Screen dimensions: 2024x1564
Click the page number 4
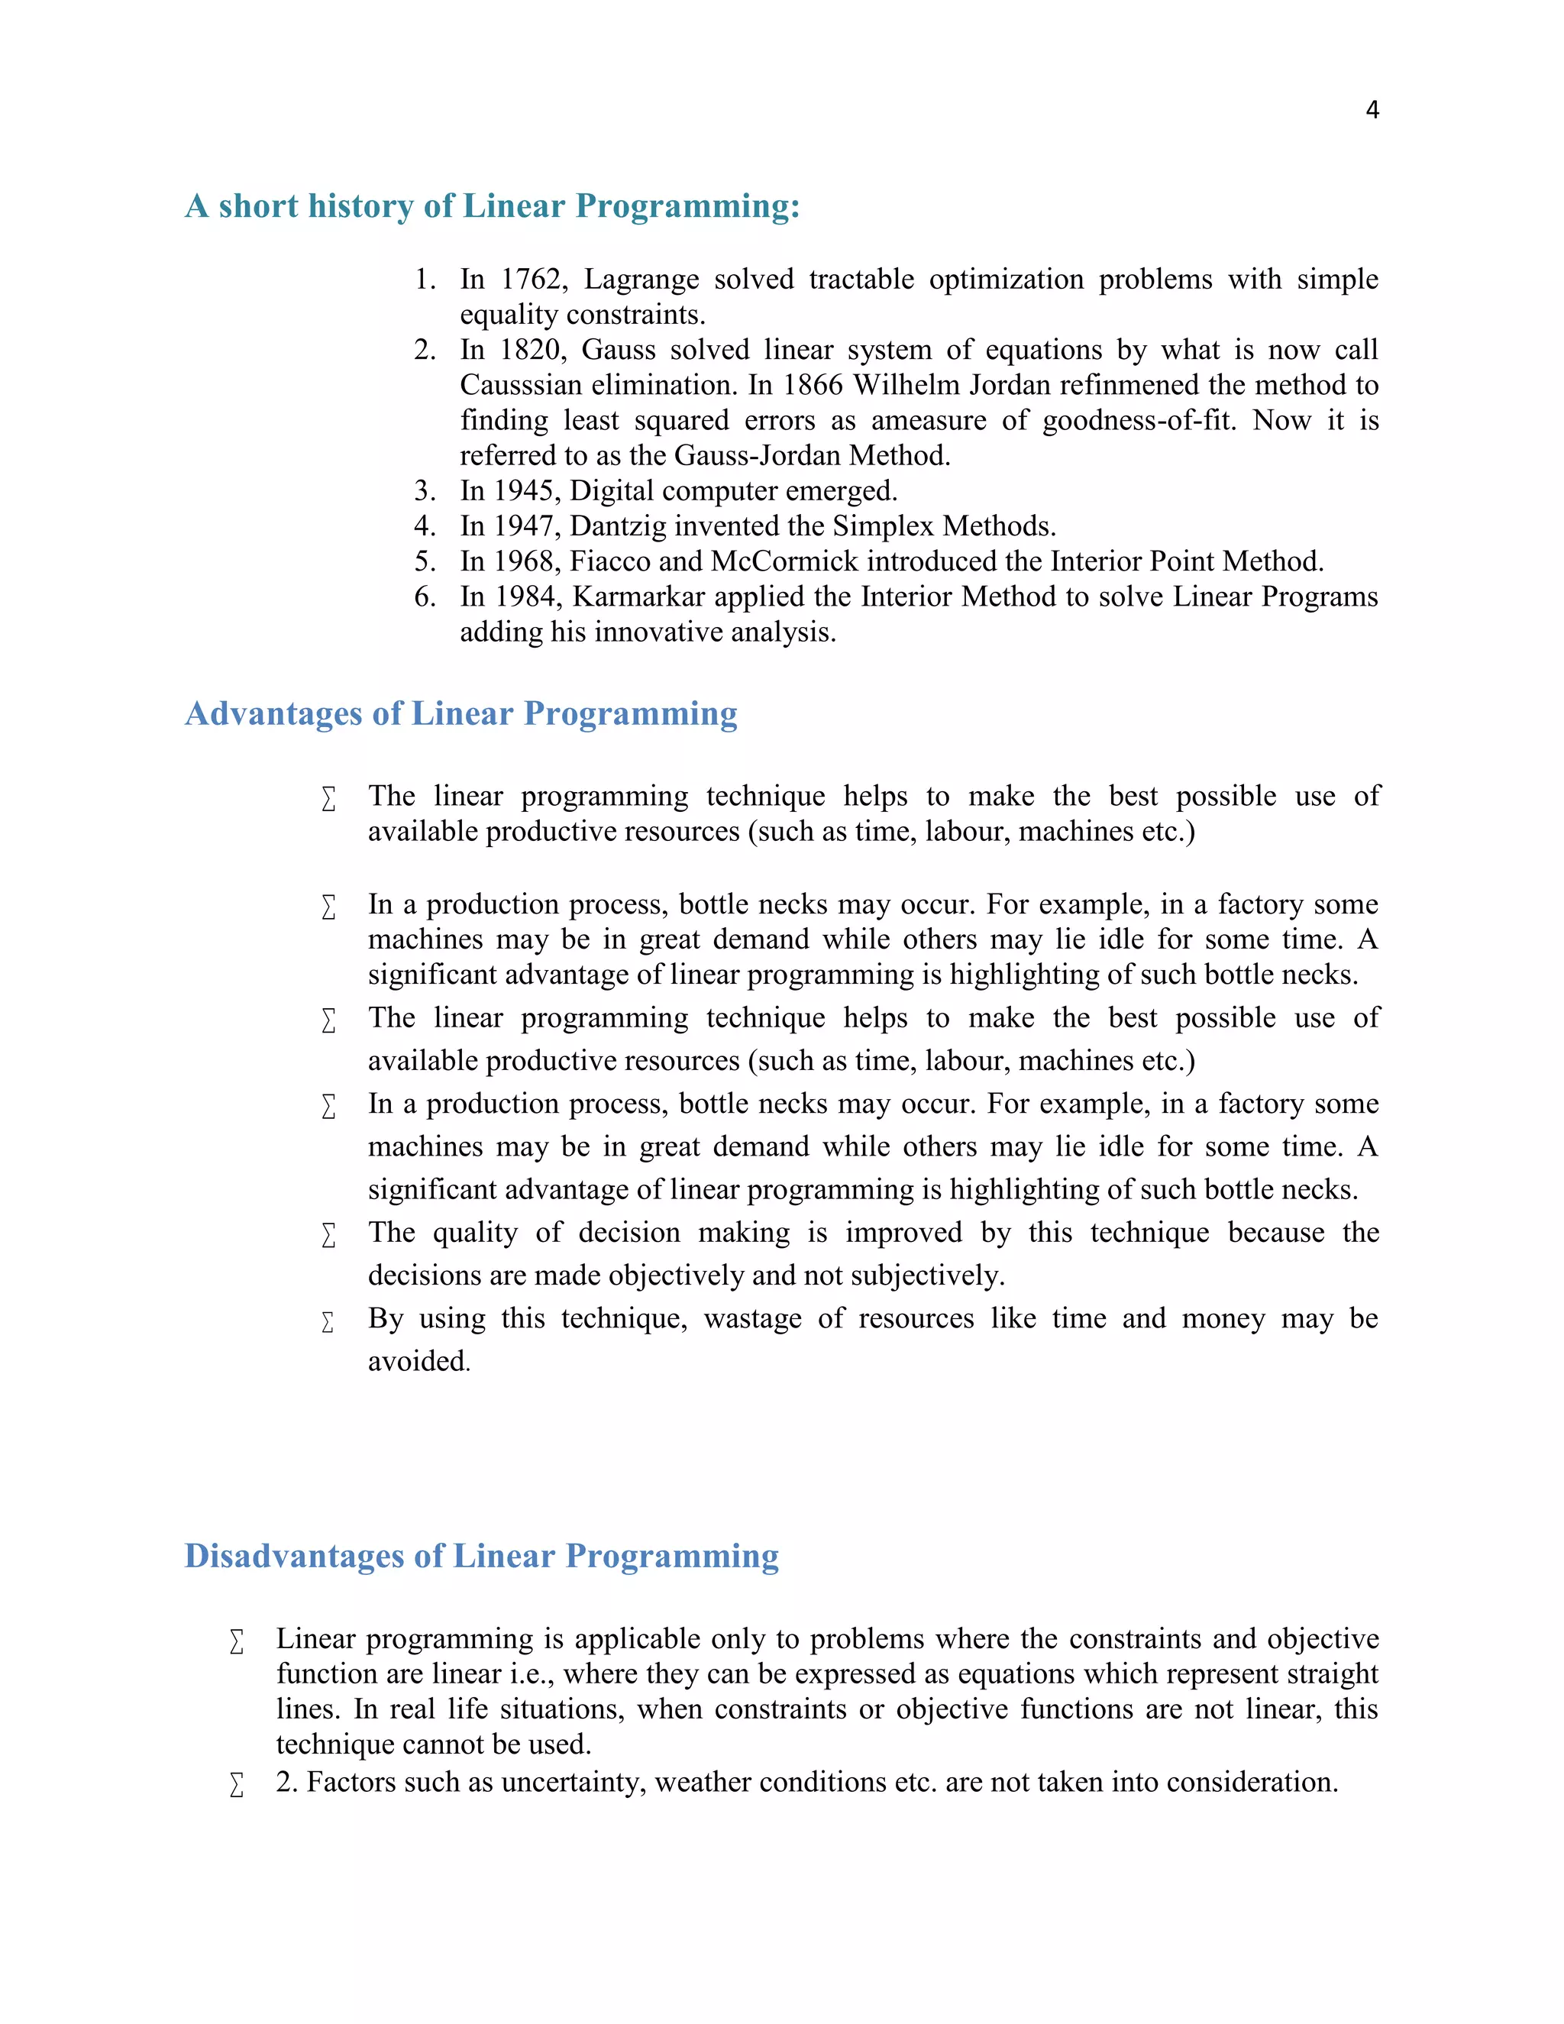coord(1372,110)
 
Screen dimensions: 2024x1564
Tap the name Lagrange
coord(641,279)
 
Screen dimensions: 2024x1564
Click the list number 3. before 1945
coord(425,490)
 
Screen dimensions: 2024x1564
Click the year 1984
coord(528,596)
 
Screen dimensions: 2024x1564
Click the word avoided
coord(418,1360)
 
